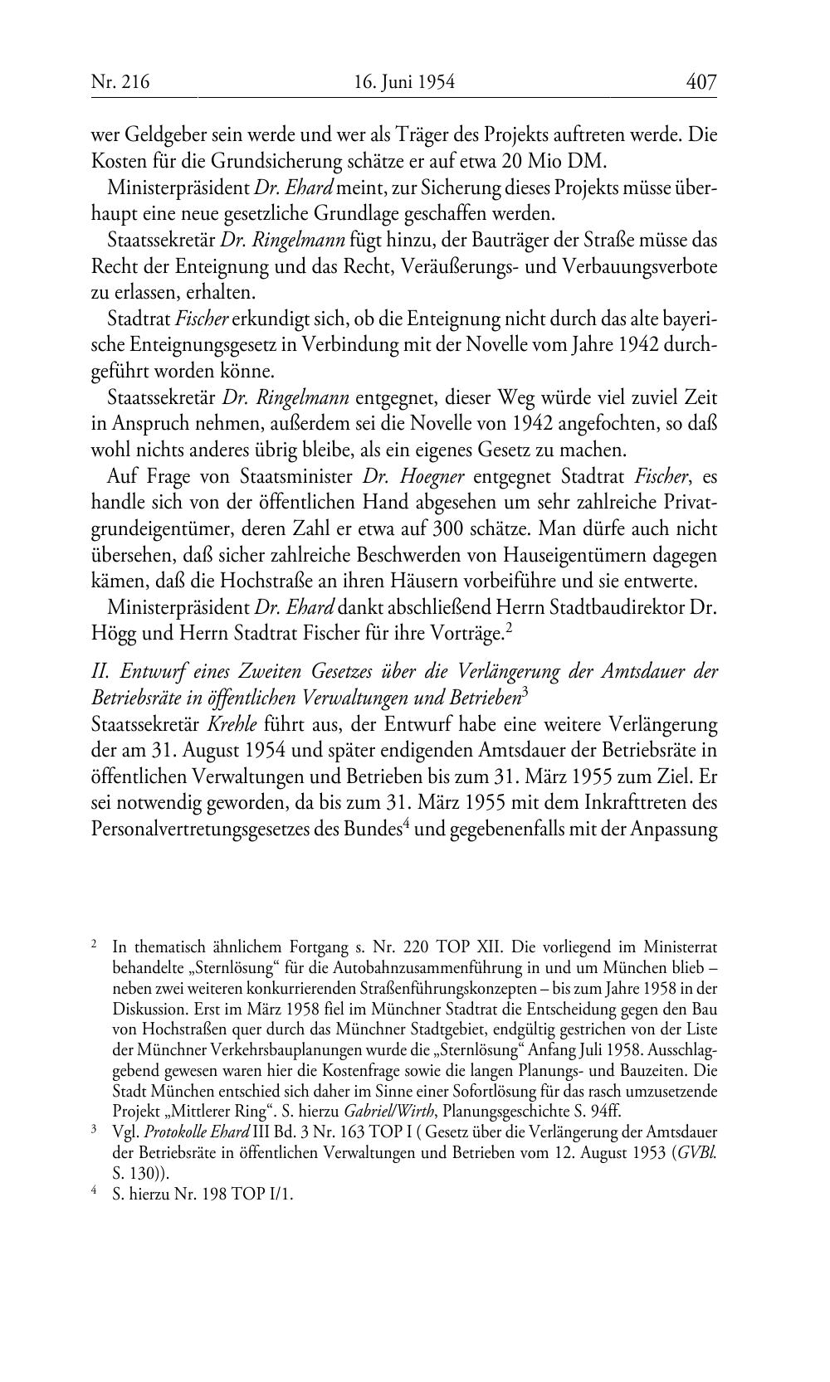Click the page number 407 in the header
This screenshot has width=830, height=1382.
click(701, 81)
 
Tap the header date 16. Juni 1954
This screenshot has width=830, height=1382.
click(404, 81)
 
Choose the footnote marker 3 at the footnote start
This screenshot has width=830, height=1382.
click(95, 1130)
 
